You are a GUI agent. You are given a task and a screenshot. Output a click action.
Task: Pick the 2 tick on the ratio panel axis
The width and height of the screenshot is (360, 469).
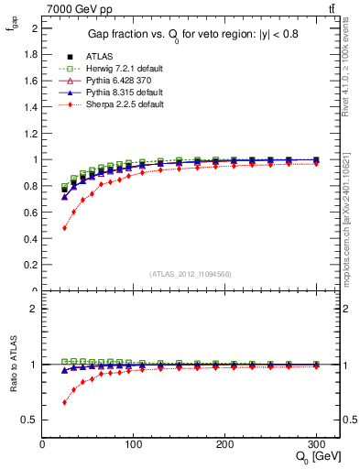[x=34, y=309]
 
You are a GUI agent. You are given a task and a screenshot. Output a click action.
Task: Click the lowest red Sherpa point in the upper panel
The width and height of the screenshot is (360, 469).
[x=64, y=227]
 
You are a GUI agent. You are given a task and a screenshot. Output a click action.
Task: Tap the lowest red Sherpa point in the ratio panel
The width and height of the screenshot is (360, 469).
[x=64, y=402]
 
